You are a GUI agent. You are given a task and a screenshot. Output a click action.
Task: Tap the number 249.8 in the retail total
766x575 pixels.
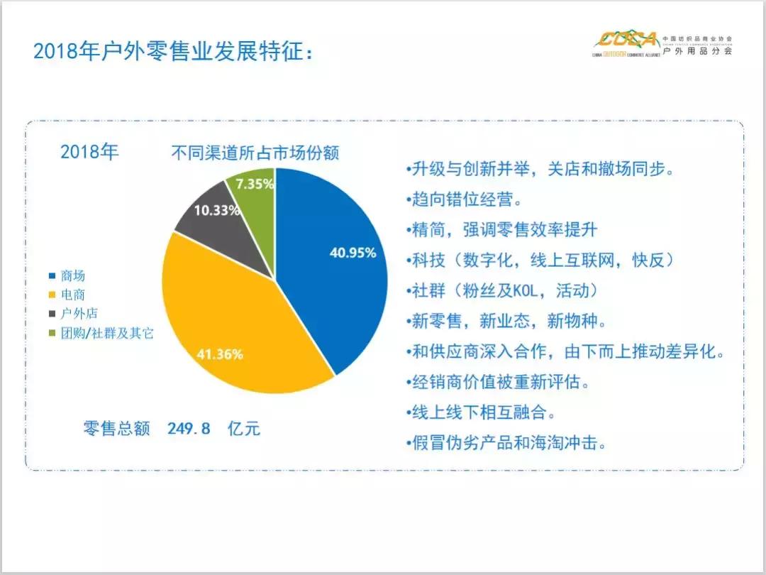click(x=189, y=428)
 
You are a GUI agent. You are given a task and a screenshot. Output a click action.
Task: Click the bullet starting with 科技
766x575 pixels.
click(x=543, y=260)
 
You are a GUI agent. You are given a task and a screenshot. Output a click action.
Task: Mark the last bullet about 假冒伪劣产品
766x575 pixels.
click(x=509, y=443)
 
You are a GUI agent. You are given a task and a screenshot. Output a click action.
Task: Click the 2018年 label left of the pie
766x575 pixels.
click(x=89, y=152)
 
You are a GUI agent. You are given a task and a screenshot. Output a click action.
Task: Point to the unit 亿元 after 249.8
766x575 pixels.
click(x=244, y=428)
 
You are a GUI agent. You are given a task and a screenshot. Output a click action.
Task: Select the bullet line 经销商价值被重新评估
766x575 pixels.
click(x=501, y=382)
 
